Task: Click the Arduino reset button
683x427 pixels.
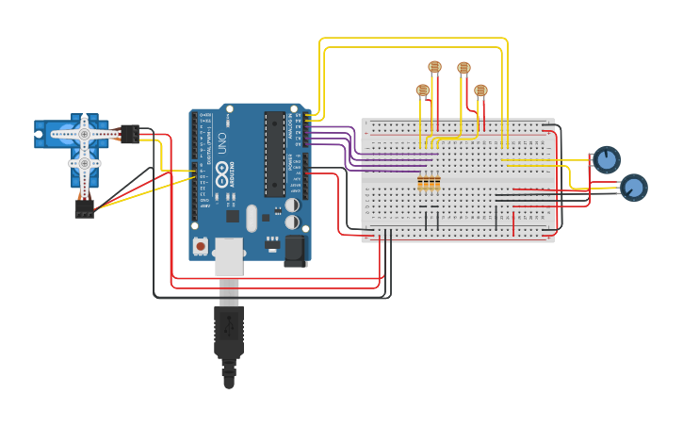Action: coord(201,246)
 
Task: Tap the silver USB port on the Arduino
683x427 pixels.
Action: coord(229,255)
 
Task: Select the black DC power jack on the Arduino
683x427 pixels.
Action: coord(295,250)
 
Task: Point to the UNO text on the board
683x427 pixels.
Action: coord(222,144)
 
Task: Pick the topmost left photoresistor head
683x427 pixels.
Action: coord(434,67)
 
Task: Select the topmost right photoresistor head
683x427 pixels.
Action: coord(463,68)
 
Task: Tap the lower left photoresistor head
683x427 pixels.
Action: coord(423,90)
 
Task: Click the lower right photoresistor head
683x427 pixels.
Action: coord(480,90)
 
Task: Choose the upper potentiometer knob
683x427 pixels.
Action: coord(607,159)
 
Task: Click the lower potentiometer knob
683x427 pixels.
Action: coord(634,188)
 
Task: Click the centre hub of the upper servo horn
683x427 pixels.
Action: coord(84,135)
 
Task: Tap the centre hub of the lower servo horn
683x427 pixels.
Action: coord(84,164)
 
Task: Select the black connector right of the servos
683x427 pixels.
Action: coord(130,134)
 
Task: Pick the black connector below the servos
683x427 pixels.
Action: coord(85,209)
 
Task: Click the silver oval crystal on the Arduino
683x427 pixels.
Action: coord(251,219)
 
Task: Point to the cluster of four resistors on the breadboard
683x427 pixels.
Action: coord(429,182)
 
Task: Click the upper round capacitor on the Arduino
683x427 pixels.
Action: coord(293,205)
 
